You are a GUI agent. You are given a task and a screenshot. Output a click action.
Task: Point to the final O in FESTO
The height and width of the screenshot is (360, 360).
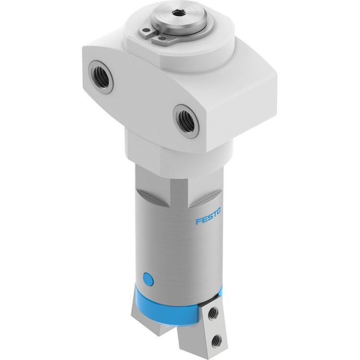(x=218, y=211)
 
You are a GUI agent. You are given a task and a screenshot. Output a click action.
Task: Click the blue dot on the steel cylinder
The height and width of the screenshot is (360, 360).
(x=148, y=280)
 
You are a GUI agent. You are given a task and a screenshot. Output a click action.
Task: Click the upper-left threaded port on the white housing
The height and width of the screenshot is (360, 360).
(x=101, y=77)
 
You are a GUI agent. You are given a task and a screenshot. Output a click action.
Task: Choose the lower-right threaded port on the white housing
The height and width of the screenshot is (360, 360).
(x=185, y=121)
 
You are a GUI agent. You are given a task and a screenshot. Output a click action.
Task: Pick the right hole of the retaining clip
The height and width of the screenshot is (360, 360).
(x=162, y=38)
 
